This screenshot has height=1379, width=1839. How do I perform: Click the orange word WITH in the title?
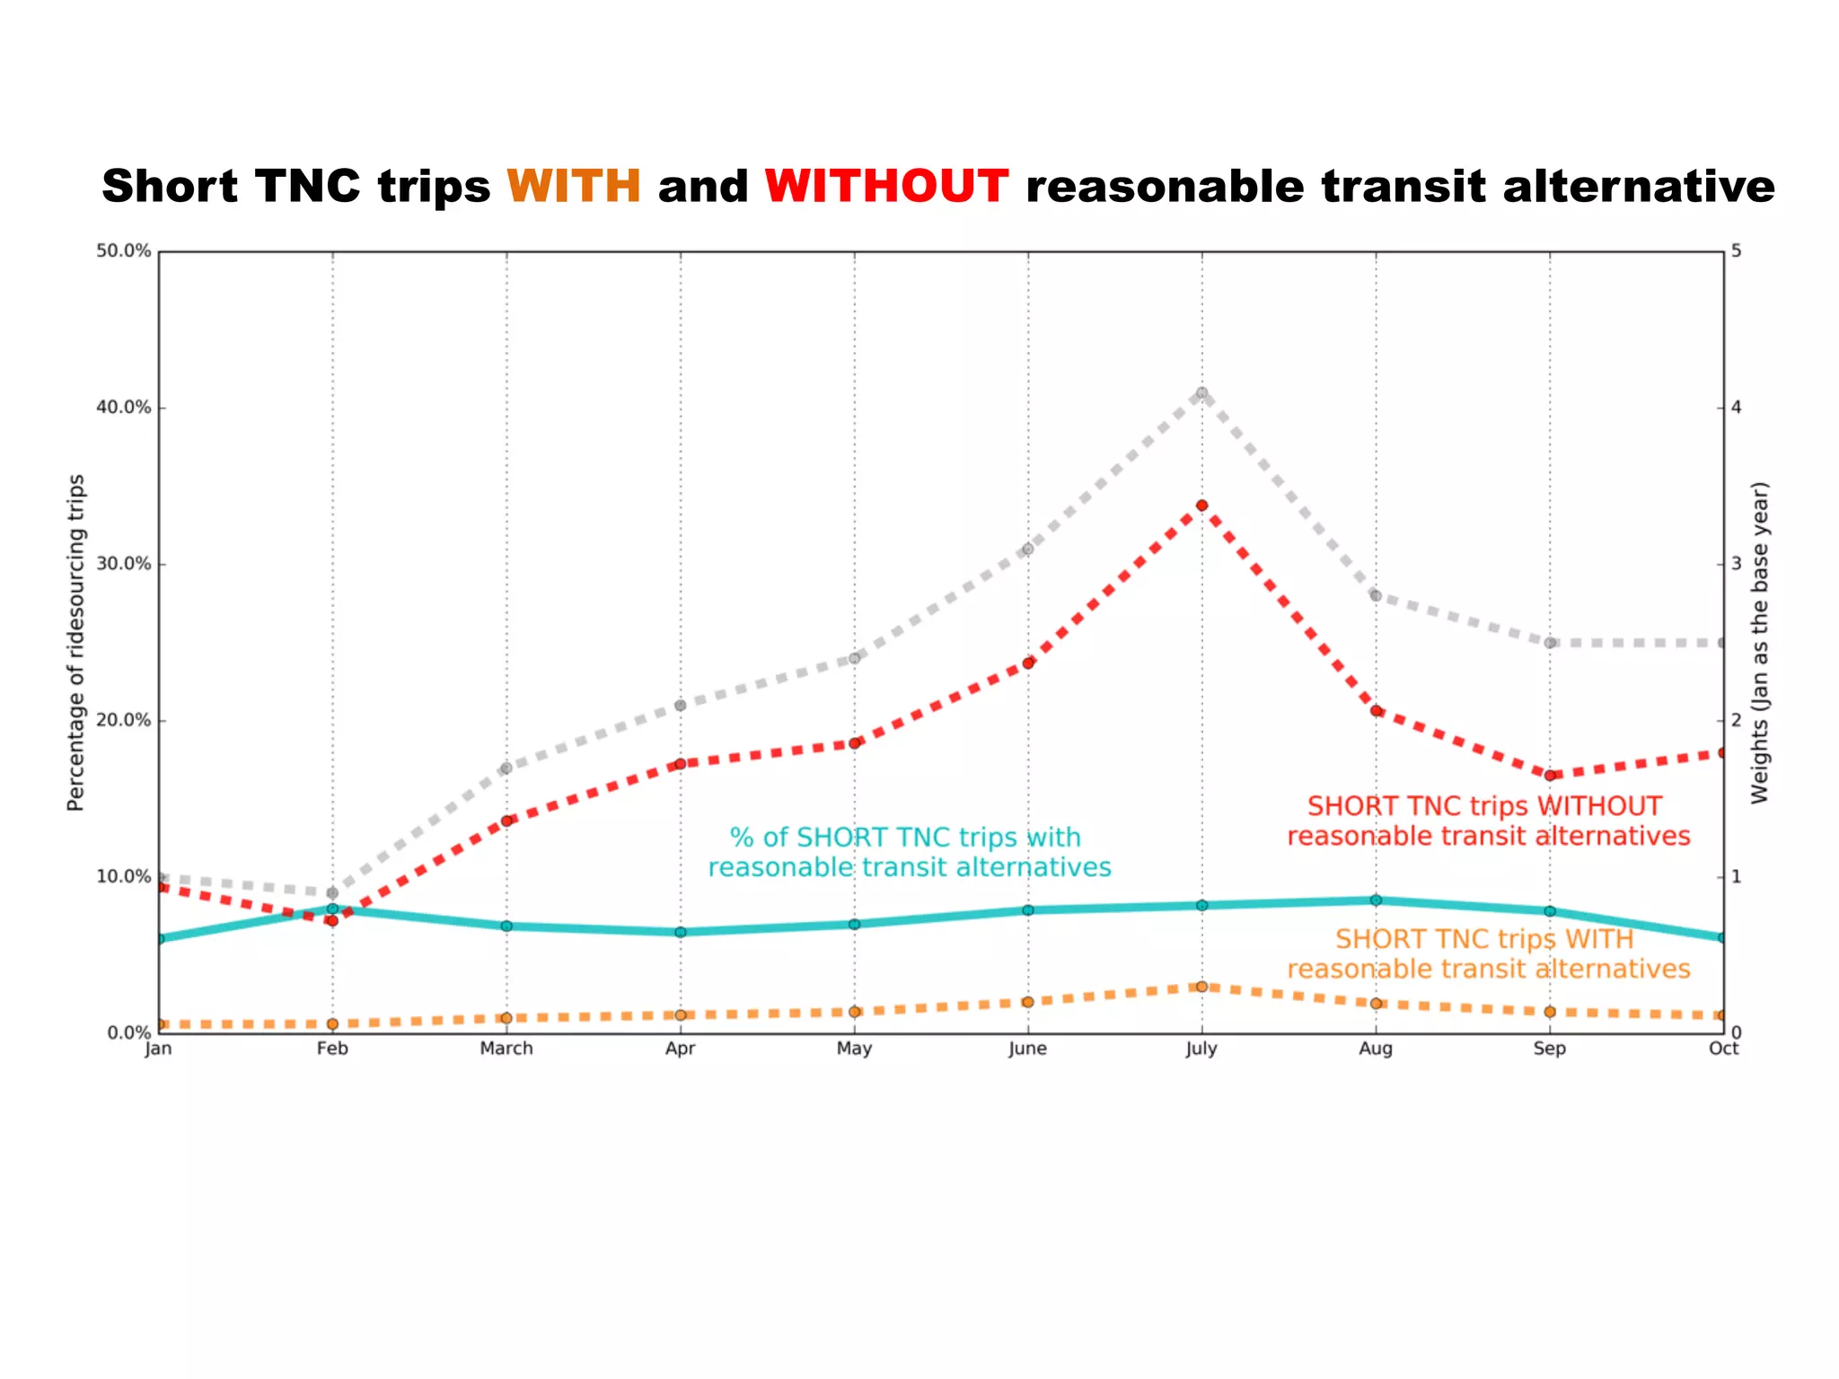(x=574, y=187)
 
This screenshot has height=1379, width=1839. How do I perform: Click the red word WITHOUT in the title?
(x=886, y=187)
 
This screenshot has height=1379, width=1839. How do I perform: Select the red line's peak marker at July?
(x=1201, y=505)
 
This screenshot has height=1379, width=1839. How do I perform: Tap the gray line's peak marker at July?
(x=1201, y=392)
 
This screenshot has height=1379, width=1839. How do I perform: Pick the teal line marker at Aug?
(x=1376, y=900)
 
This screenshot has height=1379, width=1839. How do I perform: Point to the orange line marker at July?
(x=1201, y=987)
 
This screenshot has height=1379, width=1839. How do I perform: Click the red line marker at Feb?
(x=332, y=920)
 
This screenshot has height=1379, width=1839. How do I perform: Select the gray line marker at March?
(x=506, y=768)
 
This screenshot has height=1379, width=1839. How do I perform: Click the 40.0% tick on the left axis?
(x=124, y=408)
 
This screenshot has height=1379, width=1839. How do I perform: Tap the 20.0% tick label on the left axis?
(x=124, y=720)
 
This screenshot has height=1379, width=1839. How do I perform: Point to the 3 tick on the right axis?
(x=1736, y=564)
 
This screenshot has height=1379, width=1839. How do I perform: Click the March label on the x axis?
(x=506, y=1049)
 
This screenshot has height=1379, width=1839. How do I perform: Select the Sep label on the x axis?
(x=1550, y=1049)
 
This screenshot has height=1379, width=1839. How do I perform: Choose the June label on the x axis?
(x=1027, y=1049)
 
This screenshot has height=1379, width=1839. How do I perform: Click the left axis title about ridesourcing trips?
(x=76, y=642)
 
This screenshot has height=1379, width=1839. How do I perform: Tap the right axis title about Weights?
(x=1760, y=642)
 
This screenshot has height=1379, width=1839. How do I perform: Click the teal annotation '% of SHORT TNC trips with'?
(x=905, y=838)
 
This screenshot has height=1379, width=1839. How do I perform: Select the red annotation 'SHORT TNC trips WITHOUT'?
(x=1484, y=806)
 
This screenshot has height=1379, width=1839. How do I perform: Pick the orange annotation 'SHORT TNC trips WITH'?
(x=1484, y=939)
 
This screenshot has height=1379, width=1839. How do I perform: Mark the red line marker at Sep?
(x=1550, y=775)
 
